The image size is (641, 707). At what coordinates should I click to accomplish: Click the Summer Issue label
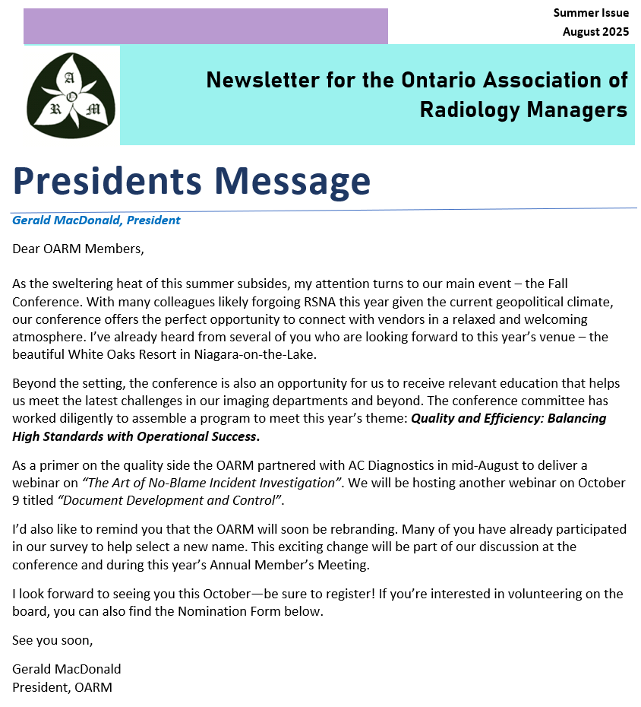pos(591,13)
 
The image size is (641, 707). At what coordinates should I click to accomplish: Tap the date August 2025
pos(595,32)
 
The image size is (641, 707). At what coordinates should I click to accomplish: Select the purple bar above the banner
pos(205,26)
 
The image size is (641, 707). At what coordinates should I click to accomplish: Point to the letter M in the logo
pos(93,109)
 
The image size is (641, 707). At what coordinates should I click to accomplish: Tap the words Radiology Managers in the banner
pos(523,109)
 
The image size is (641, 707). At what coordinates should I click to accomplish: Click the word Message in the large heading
pos(292,181)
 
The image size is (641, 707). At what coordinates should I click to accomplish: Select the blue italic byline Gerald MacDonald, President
pos(96,220)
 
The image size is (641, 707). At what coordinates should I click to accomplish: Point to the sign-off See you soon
pos(52,640)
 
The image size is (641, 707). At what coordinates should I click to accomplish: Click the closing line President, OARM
pos(62,687)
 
